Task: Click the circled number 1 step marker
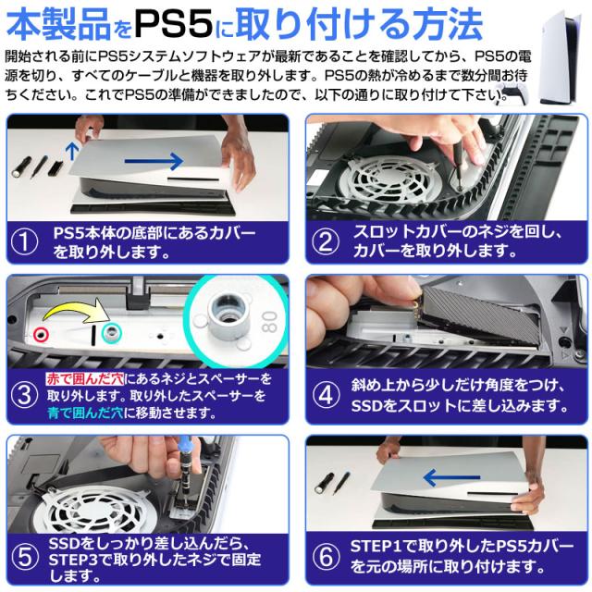(x=24, y=242)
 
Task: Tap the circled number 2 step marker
(x=326, y=241)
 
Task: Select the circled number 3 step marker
(x=24, y=395)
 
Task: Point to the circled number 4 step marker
(x=326, y=395)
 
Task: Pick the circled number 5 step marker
(x=25, y=558)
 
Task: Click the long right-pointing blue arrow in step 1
(x=154, y=161)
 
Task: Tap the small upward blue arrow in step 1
(x=72, y=151)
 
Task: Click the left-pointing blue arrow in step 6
(x=451, y=477)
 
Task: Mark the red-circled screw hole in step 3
(x=41, y=335)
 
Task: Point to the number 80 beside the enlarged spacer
(x=269, y=322)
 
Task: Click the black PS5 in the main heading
(x=174, y=25)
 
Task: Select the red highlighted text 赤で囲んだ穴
(x=85, y=378)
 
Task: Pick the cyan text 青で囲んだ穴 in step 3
(x=86, y=413)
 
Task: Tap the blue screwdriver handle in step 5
(x=185, y=446)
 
